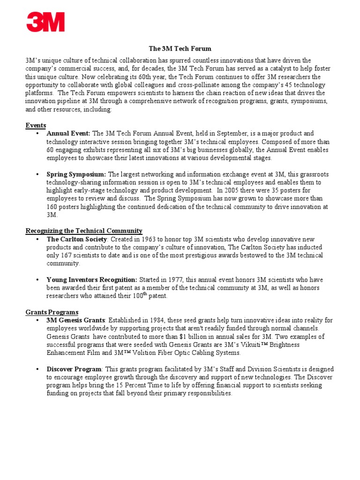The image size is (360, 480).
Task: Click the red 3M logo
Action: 45,22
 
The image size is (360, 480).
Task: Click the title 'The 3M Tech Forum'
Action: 180,49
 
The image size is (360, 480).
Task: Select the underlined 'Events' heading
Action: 36,125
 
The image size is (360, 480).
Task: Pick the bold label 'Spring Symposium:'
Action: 76,174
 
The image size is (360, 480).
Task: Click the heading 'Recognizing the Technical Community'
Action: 84,231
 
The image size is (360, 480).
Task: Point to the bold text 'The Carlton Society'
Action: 76,239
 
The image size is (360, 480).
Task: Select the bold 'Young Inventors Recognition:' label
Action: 92,280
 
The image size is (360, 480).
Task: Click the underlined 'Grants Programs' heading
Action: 52,312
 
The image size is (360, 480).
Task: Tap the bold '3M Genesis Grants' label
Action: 75,321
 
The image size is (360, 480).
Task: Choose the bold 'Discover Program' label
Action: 74,369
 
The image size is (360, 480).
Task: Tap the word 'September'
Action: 242,134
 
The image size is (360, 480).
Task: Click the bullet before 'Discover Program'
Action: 37,369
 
